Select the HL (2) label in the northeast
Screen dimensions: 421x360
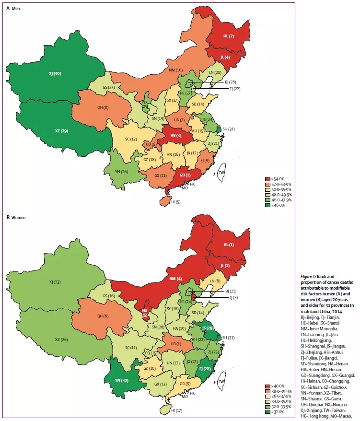tap(229, 36)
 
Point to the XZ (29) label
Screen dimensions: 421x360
tap(61, 130)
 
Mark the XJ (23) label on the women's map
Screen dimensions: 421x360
tap(56, 282)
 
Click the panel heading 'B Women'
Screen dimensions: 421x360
tap(16, 218)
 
